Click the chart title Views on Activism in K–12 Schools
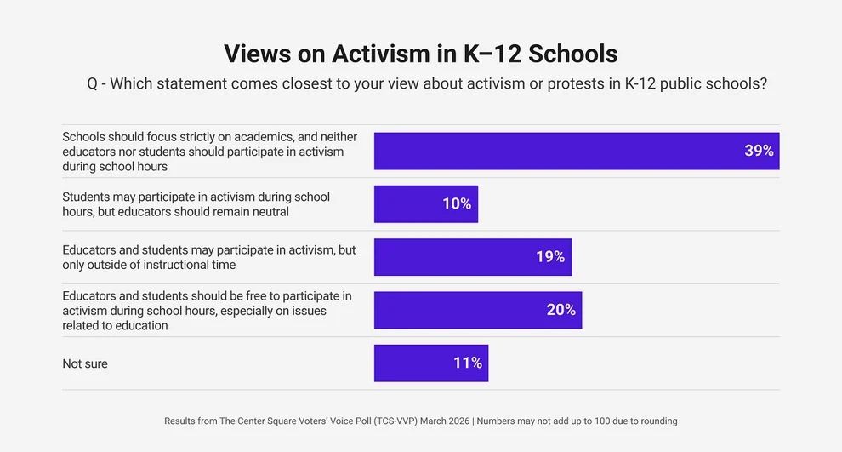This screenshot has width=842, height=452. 420,53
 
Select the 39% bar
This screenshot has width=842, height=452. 577,151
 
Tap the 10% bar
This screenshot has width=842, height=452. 425,204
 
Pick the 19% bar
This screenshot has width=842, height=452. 472,257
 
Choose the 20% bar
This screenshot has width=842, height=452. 477,310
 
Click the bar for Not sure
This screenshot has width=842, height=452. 430,363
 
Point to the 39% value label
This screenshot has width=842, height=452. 759,151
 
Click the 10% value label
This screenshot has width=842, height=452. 457,204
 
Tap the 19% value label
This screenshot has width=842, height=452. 550,257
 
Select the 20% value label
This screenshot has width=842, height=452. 561,310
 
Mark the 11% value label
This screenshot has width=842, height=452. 468,363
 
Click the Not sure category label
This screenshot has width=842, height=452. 85,363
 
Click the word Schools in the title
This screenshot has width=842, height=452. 573,53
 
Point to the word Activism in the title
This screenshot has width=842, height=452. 382,53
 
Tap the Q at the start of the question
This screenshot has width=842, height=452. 93,83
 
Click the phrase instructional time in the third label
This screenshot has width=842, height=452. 193,265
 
